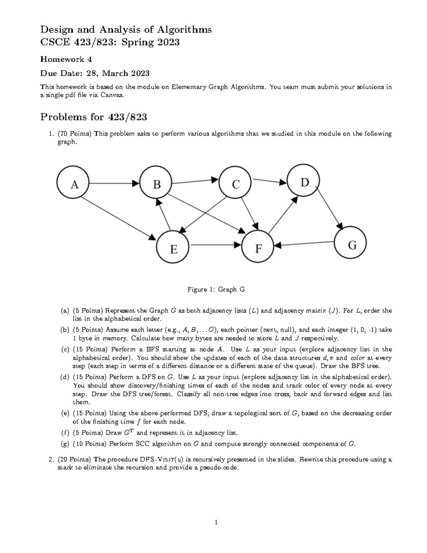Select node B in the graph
coord(157,184)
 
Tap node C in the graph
coord(236,184)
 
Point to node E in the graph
coord(173,248)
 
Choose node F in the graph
coord(258,247)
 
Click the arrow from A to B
coord(114,184)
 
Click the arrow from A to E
coord(117,217)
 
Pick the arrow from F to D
coord(283,215)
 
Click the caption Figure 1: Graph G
coord(216,289)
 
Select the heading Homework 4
coord(66,59)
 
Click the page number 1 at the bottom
coord(216,522)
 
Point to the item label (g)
coord(65,444)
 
